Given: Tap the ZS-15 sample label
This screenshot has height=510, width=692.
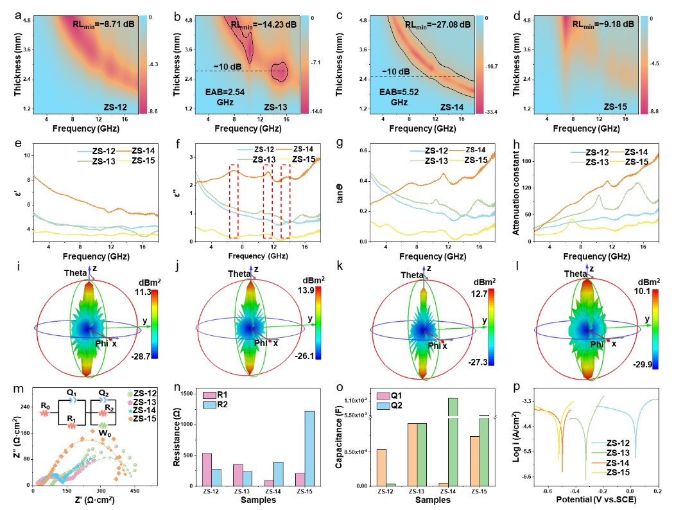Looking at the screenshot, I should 615,107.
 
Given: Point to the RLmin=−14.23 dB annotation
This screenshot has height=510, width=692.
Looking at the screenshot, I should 264,24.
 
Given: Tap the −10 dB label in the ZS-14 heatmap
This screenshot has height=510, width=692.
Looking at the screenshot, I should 396,71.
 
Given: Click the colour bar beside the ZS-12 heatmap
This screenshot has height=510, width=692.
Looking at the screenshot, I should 143,64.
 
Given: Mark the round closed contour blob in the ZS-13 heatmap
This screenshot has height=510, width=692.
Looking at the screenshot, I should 279,72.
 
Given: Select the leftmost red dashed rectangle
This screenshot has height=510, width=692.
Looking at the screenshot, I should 234,200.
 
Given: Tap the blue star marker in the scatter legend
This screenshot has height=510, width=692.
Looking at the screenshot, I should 130,410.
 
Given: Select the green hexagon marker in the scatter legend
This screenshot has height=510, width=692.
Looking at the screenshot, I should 130,394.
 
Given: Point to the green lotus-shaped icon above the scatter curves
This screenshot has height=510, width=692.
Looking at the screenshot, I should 103,425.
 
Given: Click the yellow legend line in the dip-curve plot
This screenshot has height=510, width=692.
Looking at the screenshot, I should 599,472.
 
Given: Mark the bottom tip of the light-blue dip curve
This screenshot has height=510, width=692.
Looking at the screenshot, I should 635,457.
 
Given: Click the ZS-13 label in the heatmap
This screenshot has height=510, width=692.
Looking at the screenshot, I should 275,107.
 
